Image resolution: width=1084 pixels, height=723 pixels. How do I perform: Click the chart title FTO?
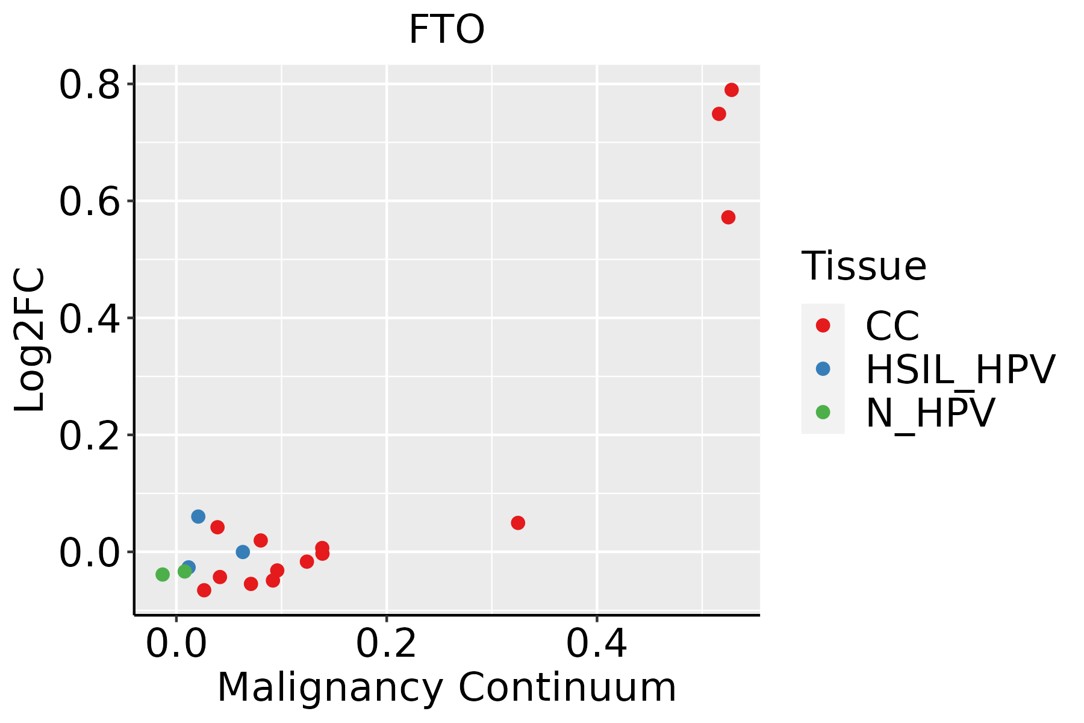pyautogui.click(x=446, y=30)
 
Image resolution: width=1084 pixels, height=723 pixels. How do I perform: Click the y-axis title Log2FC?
pyautogui.click(x=30, y=340)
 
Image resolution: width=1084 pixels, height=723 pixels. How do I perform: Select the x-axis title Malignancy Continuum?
pyautogui.click(x=446, y=688)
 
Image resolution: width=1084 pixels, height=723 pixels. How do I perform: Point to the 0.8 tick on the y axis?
pyautogui.click(x=89, y=85)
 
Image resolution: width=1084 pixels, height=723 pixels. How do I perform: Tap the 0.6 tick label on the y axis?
pyautogui.click(x=89, y=202)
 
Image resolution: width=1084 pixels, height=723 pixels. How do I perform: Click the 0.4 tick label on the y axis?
pyautogui.click(x=89, y=319)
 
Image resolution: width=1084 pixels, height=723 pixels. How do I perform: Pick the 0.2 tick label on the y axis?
pyautogui.click(x=89, y=436)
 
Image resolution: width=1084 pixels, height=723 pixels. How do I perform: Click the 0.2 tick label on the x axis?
pyautogui.click(x=386, y=644)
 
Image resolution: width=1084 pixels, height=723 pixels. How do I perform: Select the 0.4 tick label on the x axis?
pyautogui.click(x=596, y=644)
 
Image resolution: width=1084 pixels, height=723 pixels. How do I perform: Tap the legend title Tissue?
pyautogui.click(x=864, y=266)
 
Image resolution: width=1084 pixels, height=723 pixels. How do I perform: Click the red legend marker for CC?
pyautogui.click(x=823, y=325)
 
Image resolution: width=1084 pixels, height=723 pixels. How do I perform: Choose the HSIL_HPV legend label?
pyautogui.click(x=960, y=369)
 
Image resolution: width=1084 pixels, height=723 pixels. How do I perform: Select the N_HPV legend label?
pyautogui.click(x=930, y=413)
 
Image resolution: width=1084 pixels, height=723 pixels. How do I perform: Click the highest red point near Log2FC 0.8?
pyautogui.click(x=732, y=90)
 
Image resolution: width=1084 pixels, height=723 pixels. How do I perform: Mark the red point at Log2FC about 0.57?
pyautogui.click(x=728, y=218)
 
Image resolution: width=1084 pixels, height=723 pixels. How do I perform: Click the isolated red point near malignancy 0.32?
pyautogui.click(x=518, y=523)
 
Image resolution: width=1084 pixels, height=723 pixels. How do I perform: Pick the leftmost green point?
pyautogui.click(x=163, y=575)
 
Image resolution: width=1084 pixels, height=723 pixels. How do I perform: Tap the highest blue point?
pyautogui.click(x=198, y=516)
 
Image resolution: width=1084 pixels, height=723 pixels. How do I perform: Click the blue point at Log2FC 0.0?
pyautogui.click(x=243, y=552)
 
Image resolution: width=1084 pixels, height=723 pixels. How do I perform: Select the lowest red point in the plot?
pyautogui.click(x=204, y=590)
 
